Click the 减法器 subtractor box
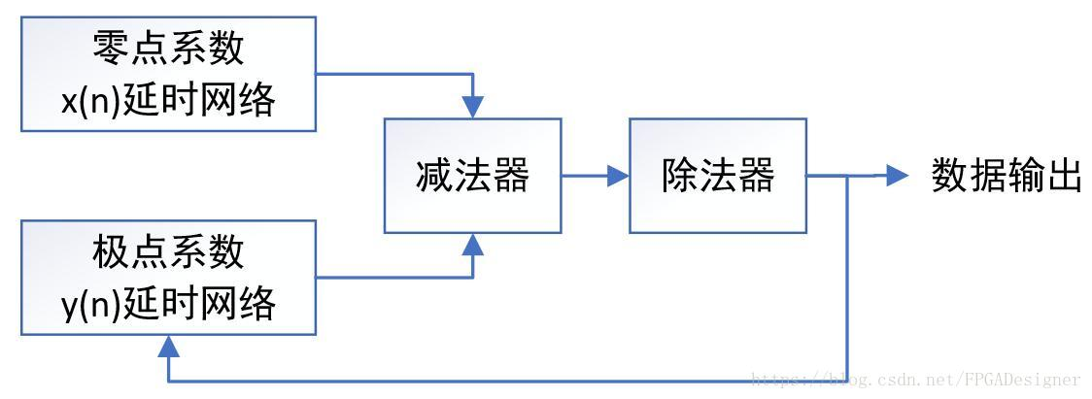pyautogui.click(x=472, y=176)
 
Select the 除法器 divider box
pyautogui.click(x=718, y=176)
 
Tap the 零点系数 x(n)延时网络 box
pyautogui.click(x=169, y=74)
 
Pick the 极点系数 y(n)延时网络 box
pyautogui.click(x=169, y=278)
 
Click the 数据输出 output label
pyautogui.click(x=1006, y=177)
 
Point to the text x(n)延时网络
pyautogui.click(x=169, y=100)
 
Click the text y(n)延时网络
pyautogui.click(x=169, y=304)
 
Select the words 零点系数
pyautogui.click(x=169, y=47)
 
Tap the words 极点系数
pyautogui.click(x=169, y=251)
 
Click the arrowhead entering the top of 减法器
pyautogui.click(x=473, y=108)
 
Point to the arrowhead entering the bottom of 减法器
pyautogui.click(x=473, y=244)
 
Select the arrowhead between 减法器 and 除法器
pyautogui.click(x=617, y=176)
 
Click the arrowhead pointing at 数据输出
pyautogui.click(x=896, y=176)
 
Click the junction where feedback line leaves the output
pyautogui.click(x=850, y=176)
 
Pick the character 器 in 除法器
pyautogui.click(x=756, y=177)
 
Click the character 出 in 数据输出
pyautogui.click(x=1063, y=177)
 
